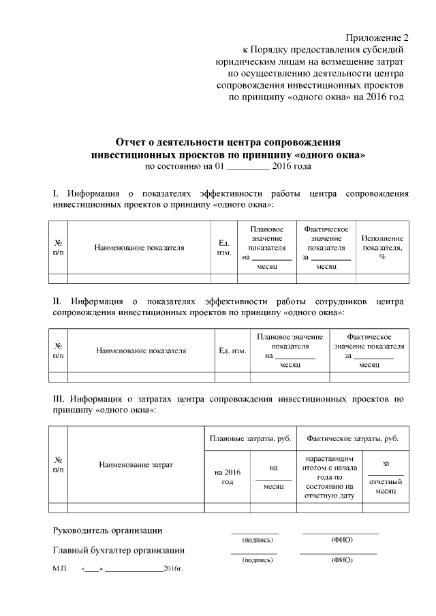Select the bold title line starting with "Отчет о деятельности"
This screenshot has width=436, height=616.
pyautogui.click(x=228, y=143)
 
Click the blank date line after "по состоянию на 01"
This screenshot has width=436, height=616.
pyautogui.click(x=247, y=166)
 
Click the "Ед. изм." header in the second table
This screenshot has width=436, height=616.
pyautogui.click(x=232, y=351)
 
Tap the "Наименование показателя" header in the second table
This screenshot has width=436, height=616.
pyautogui.click(x=141, y=351)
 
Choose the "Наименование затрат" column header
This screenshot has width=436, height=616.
pyautogui.click(x=136, y=464)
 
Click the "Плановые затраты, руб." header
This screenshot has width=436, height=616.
pyautogui.click(x=251, y=438)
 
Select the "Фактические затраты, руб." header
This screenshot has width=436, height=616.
pyautogui.click(x=353, y=438)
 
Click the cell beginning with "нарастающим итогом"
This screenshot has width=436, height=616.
pyautogui.click(x=329, y=477)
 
